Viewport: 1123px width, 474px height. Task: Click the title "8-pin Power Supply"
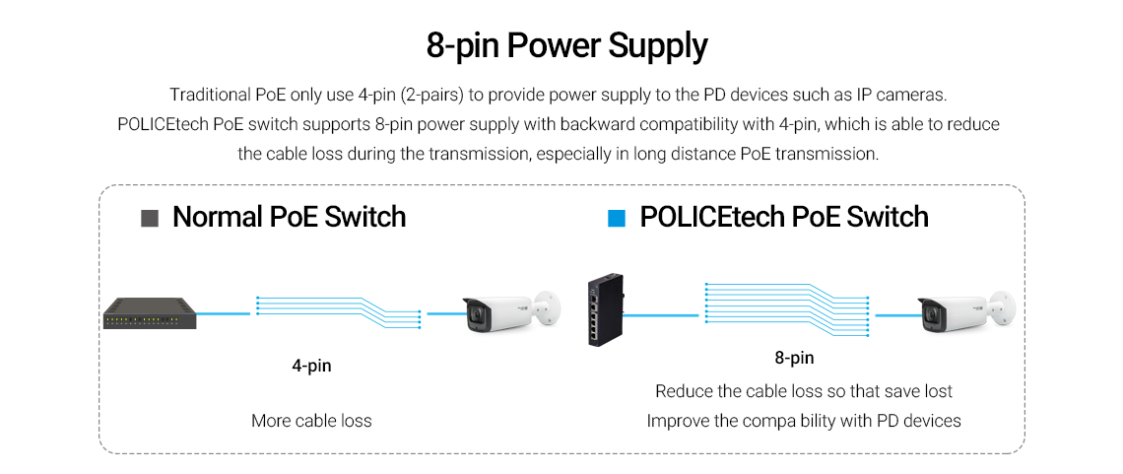(566, 46)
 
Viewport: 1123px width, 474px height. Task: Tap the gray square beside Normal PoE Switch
(150, 218)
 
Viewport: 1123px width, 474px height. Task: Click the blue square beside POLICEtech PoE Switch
(617, 218)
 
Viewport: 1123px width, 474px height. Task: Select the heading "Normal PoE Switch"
(289, 217)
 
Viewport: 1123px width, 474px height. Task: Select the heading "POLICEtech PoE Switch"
(783, 217)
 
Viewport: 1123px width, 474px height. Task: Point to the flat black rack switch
(149, 313)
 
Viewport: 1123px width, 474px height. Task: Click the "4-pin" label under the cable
(311, 366)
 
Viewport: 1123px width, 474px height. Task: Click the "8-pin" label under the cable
(794, 358)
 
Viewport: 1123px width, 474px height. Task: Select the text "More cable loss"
(311, 421)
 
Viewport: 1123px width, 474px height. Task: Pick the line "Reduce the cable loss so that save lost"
(803, 391)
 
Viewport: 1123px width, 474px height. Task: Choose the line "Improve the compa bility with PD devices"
(803, 421)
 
